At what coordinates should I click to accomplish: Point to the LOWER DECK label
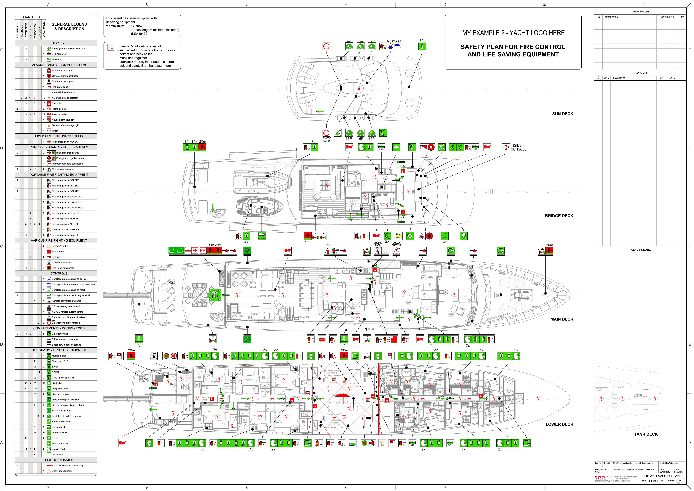[559, 424]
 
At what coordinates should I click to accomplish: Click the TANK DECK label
[646, 434]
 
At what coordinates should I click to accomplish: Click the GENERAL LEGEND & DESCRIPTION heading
[69, 27]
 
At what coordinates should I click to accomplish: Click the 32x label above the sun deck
[422, 41]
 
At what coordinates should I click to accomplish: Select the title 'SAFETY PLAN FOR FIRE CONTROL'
[513, 47]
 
